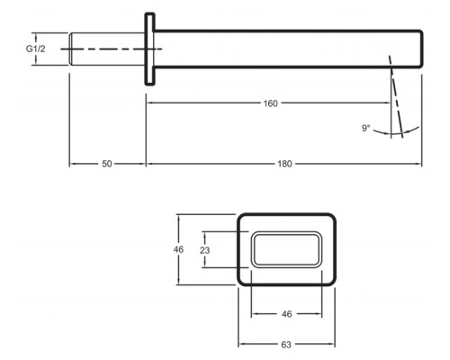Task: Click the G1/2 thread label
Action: click(36, 49)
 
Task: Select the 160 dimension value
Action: click(270, 103)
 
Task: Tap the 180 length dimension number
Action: click(284, 164)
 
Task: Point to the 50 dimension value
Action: click(107, 164)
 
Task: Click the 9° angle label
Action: click(366, 129)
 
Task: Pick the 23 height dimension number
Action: click(204, 250)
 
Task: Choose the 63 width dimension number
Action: click(286, 345)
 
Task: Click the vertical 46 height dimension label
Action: click(178, 249)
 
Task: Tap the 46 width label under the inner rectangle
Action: click(287, 314)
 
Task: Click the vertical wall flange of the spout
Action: click(150, 49)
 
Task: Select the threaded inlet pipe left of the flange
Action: click(107, 49)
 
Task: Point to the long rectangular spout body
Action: click(289, 49)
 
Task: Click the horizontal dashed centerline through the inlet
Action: click(112, 49)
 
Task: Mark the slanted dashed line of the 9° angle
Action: click(396, 96)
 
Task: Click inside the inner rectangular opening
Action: click(286, 249)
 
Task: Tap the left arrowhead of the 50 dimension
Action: click(73, 164)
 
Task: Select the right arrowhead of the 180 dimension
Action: click(418, 164)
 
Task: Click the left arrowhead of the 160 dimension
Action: click(149, 103)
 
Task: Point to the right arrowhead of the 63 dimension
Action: click(331, 345)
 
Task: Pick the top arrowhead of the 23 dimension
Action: click(204, 235)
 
